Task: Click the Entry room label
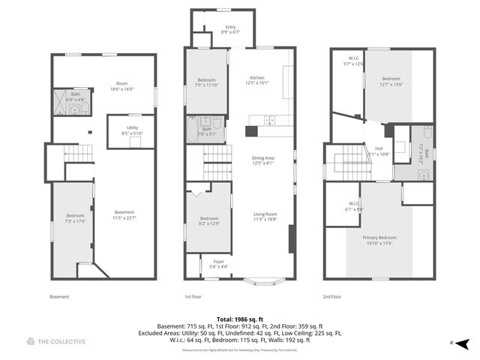[229, 30]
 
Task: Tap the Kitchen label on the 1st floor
[256, 81]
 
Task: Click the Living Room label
[265, 217]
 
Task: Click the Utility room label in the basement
[132, 130]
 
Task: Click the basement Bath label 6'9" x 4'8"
[76, 97]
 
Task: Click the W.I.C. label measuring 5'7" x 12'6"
[352, 61]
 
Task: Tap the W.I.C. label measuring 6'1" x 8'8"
[354, 207]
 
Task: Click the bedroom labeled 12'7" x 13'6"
[392, 82]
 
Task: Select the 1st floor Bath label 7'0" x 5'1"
[206, 131]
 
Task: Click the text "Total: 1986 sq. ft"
[239, 319]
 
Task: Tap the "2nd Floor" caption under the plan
[332, 297]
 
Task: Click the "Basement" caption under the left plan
[59, 297]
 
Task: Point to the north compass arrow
[462, 342]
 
